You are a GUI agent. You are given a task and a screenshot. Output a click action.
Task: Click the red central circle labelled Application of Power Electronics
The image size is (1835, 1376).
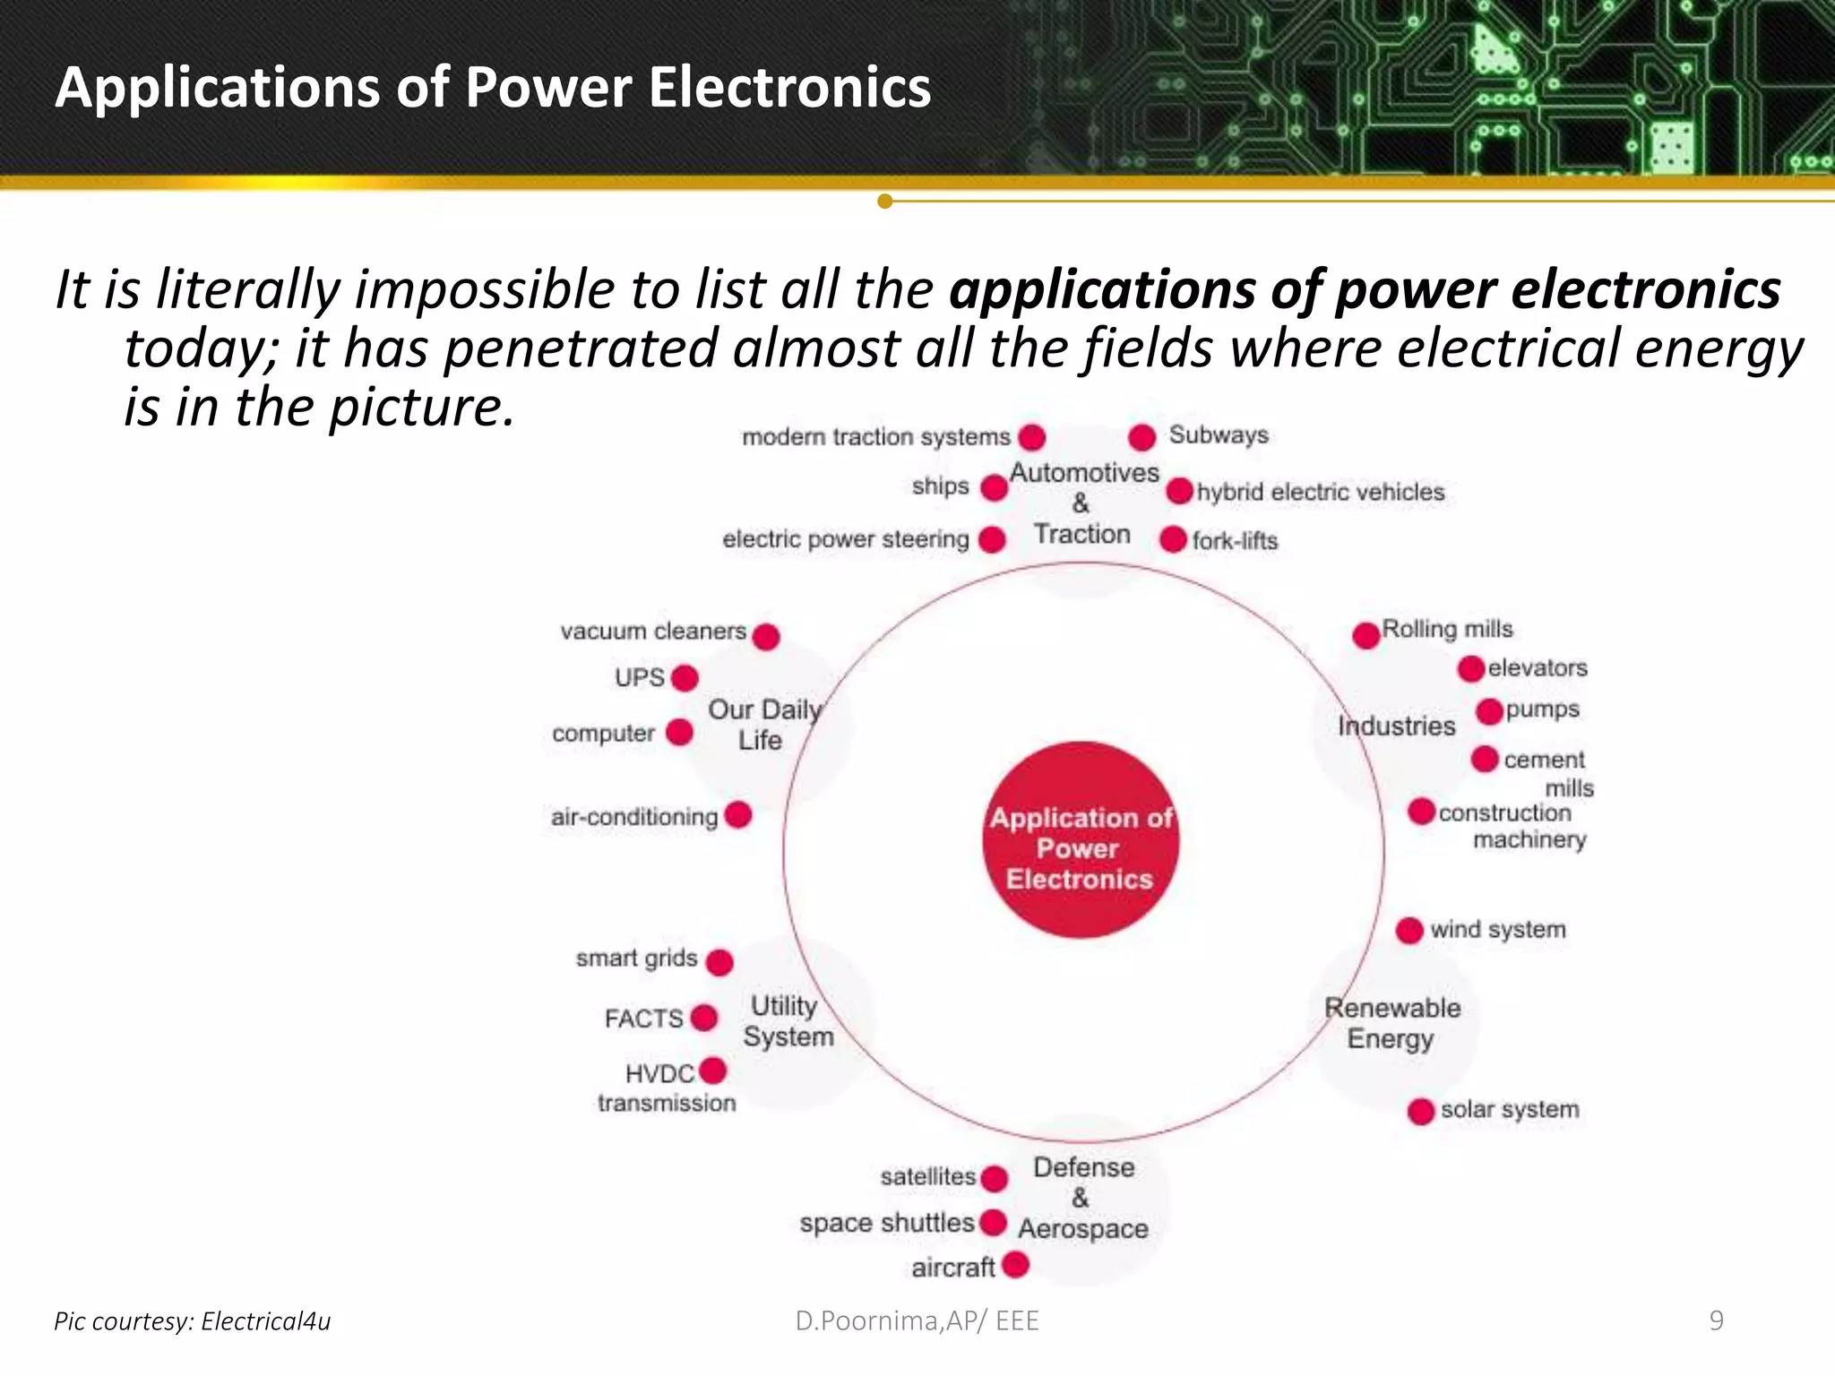[x=1081, y=840]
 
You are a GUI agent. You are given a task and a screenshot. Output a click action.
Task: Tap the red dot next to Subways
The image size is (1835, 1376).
[x=1141, y=437]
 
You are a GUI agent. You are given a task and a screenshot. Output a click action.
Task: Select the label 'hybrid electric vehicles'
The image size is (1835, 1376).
[x=1321, y=492]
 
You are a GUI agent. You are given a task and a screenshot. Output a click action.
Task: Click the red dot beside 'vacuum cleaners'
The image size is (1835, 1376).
[x=766, y=636]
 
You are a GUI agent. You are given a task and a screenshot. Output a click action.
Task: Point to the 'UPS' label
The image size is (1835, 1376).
[x=640, y=677]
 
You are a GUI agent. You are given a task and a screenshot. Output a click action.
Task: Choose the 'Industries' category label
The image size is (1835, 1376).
[x=1396, y=726]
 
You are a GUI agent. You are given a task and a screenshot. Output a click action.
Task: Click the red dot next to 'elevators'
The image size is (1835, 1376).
[x=1471, y=668]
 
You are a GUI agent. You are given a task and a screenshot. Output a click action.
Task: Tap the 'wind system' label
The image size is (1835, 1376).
[x=1497, y=929]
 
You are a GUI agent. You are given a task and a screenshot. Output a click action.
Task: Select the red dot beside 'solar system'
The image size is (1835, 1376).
[x=1421, y=1111]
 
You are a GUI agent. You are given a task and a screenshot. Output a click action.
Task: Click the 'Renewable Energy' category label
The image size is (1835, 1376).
[x=1392, y=1023]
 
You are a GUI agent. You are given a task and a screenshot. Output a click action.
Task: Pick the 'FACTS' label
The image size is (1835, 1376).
[x=643, y=1019]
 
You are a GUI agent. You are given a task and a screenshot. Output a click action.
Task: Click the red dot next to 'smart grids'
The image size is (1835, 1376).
[x=719, y=962]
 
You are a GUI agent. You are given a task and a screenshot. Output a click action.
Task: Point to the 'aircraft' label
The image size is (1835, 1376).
[x=953, y=1268]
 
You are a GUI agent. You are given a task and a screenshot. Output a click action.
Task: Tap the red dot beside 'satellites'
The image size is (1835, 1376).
[x=994, y=1178]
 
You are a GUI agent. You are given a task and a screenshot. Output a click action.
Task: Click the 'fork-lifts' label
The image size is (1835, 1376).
[x=1235, y=541]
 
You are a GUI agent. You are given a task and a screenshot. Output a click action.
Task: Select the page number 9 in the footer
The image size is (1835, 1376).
[x=1716, y=1320]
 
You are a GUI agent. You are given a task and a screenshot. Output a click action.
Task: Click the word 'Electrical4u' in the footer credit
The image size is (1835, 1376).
[x=266, y=1321]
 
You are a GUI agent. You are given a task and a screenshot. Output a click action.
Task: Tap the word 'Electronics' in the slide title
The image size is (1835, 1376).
[x=789, y=88]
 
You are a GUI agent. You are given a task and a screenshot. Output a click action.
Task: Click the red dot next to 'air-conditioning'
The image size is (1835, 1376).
[x=738, y=815]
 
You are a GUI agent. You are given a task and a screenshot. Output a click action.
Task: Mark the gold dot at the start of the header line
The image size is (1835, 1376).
[x=885, y=201]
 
